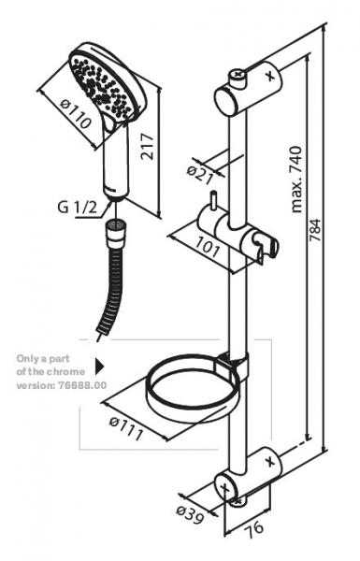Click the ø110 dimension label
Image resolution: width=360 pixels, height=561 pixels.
[x=75, y=114]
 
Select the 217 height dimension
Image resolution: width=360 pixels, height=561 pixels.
[x=147, y=147]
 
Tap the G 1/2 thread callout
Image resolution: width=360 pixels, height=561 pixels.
[x=78, y=208]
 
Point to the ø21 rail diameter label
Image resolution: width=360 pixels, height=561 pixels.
[x=200, y=176]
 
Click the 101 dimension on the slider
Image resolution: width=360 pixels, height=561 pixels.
[x=208, y=248]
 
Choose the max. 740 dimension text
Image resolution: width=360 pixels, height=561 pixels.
[x=296, y=180]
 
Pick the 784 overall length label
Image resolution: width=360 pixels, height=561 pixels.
[x=315, y=230]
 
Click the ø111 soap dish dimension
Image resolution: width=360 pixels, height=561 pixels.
[x=126, y=428]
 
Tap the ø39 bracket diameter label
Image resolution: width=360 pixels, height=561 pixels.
[x=190, y=514]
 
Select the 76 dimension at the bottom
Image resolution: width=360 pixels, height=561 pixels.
[x=254, y=527]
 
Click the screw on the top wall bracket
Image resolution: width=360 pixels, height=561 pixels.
[x=237, y=75]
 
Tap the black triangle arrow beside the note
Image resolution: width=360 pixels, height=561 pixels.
[x=99, y=367]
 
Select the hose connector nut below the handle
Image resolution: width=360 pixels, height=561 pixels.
[x=116, y=233]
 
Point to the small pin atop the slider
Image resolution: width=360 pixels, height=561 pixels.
[x=213, y=201]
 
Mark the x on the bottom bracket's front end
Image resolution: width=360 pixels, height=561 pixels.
[x=225, y=487]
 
